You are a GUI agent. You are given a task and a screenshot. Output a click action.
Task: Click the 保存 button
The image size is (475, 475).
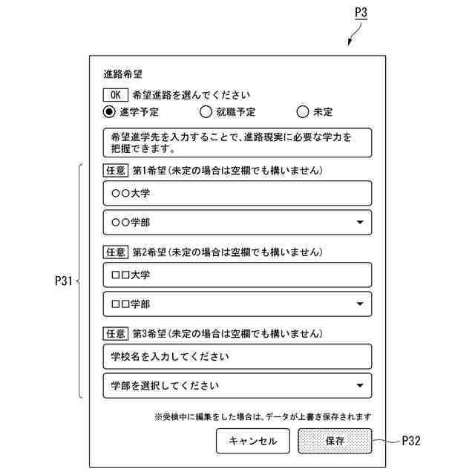(x=335, y=441)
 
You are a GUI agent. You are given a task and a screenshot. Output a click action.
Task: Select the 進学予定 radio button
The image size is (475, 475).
(x=110, y=113)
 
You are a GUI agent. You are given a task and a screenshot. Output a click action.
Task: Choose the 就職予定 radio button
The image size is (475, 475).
(x=206, y=113)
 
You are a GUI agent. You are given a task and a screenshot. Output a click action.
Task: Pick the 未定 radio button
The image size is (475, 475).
(x=302, y=113)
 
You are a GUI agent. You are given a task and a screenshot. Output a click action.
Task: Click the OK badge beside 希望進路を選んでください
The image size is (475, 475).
(x=115, y=95)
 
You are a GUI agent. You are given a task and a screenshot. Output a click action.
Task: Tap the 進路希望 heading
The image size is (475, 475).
(x=122, y=74)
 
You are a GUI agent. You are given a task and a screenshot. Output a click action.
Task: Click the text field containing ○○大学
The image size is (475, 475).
(x=237, y=194)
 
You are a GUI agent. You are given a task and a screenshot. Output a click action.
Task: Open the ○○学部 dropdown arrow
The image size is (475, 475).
(x=360, y=222)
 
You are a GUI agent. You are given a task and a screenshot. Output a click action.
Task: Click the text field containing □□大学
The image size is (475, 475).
(x=237, y=275)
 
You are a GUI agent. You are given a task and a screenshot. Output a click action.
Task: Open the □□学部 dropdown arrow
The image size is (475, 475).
(x=360, y=304)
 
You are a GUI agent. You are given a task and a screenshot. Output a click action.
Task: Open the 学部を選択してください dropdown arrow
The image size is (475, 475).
(x=360, y=385)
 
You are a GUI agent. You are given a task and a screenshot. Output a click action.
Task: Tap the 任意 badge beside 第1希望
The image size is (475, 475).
(x=115, y=171)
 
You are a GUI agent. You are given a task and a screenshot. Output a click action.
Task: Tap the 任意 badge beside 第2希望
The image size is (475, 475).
(x=115, y=252)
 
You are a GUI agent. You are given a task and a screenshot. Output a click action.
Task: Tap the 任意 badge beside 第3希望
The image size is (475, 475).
(x=115, y=334)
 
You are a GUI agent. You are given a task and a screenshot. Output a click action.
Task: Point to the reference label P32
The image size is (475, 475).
(x=411, y=441)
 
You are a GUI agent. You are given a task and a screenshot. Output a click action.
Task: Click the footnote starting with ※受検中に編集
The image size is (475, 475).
(x=263, y=416)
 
